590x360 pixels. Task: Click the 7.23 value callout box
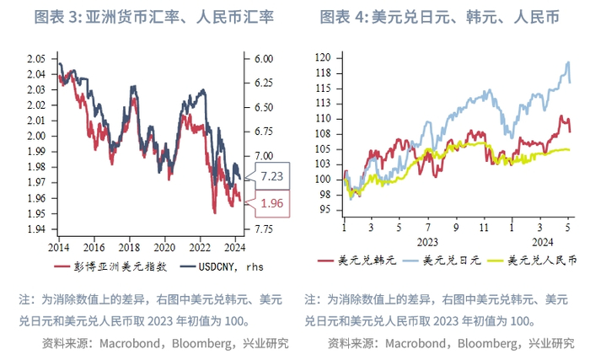pyautogui.click(x=272, y=176)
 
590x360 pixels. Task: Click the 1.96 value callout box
pyautogui.click(x=272, y=202)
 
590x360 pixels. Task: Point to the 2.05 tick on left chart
pyautogui.click(x=36, y=58)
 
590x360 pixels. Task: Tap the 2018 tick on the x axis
pyautogui.click(x=129, y=247)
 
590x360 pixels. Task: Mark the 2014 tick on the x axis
pyautogui.click(x=60, y=247)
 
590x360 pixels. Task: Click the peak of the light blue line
pyautogui.click(x=567, y=62)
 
